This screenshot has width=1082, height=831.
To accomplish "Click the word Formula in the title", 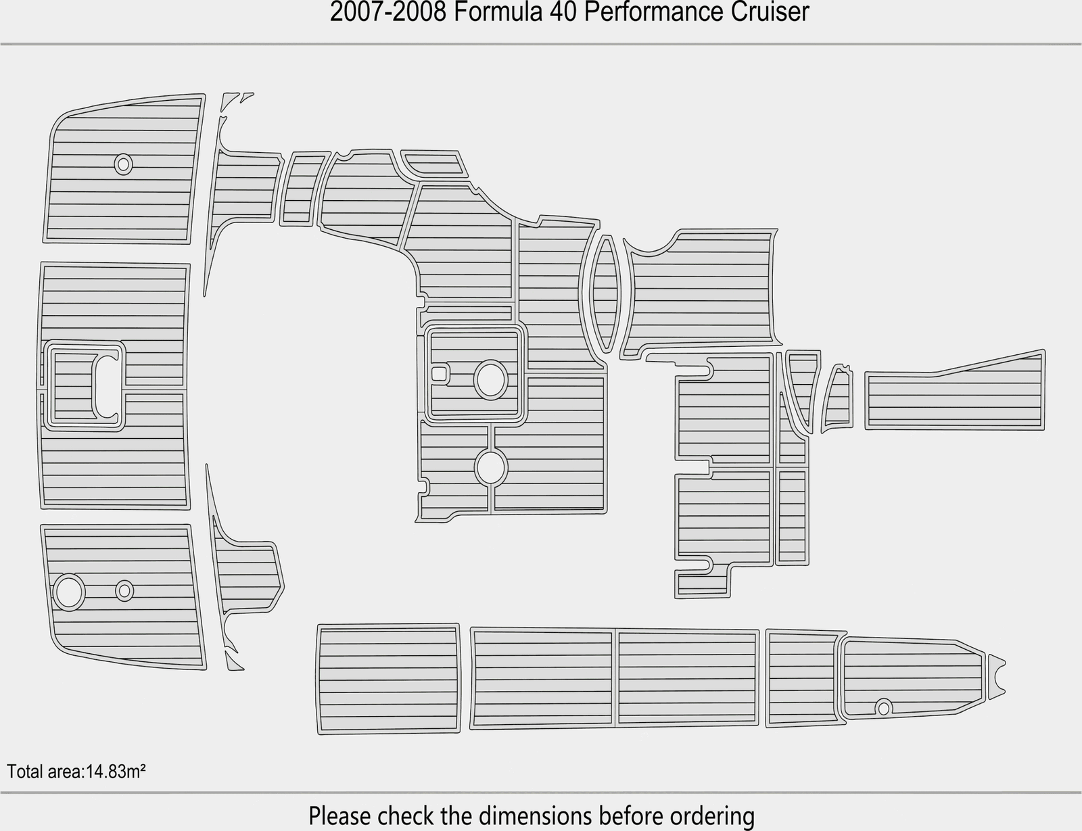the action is (498, 12).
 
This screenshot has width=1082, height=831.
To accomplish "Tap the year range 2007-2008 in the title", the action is (388, 12).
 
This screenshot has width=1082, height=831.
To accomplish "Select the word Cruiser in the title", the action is (770, 12).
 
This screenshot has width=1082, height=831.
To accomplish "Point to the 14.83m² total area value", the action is (116, 771).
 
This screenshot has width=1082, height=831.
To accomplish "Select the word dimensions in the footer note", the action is (536, 815).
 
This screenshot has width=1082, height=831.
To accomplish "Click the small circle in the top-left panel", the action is (123, 164).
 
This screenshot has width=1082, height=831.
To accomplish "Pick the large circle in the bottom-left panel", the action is (69, 592).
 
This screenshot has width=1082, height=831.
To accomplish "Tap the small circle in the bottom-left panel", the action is (124, 591).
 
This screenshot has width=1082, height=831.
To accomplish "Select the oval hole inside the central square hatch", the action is (490, 379).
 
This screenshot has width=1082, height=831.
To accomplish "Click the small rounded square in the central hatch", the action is (439, 373).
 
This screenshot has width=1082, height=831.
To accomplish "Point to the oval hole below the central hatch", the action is (491, 468).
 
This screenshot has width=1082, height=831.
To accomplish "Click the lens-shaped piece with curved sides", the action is (605, 293).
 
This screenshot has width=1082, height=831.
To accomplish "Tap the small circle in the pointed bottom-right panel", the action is (884, 707).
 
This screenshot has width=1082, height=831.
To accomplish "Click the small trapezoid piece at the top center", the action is (434, 164).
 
